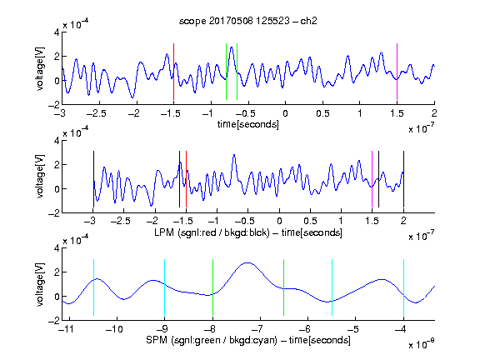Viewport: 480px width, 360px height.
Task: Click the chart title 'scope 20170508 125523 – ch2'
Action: coord(248,21)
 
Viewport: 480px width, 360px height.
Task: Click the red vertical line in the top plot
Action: coord(173,72)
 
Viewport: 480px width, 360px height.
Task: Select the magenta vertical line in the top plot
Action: coord(397,72)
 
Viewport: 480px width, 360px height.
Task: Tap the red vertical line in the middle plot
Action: coord(186,179)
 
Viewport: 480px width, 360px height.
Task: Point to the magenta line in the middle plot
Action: coord(372,179)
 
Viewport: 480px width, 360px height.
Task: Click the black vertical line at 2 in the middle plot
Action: coord(403,179)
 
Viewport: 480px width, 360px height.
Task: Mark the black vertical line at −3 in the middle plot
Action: coord(93,179)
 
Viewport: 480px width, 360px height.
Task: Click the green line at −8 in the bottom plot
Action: coord(212,287)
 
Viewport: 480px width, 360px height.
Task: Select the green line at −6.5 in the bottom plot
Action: coord(284,287)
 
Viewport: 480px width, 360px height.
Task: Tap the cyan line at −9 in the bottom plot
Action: coord(164,287)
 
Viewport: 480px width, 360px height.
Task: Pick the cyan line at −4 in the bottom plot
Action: coord(403,287)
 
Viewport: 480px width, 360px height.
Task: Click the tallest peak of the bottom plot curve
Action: coord(247,262)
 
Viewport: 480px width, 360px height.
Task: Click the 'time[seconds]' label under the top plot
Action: coord(248,124)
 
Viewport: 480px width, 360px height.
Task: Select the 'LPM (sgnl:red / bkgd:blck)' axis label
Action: coord(212,232)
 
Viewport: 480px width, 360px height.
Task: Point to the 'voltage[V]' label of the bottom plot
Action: coord(40,284)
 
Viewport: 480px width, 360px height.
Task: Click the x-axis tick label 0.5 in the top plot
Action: coord(322,113)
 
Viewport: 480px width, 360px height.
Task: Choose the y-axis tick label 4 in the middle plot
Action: coord(57,141)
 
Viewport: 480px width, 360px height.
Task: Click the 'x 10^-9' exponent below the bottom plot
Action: coord(421,345)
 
